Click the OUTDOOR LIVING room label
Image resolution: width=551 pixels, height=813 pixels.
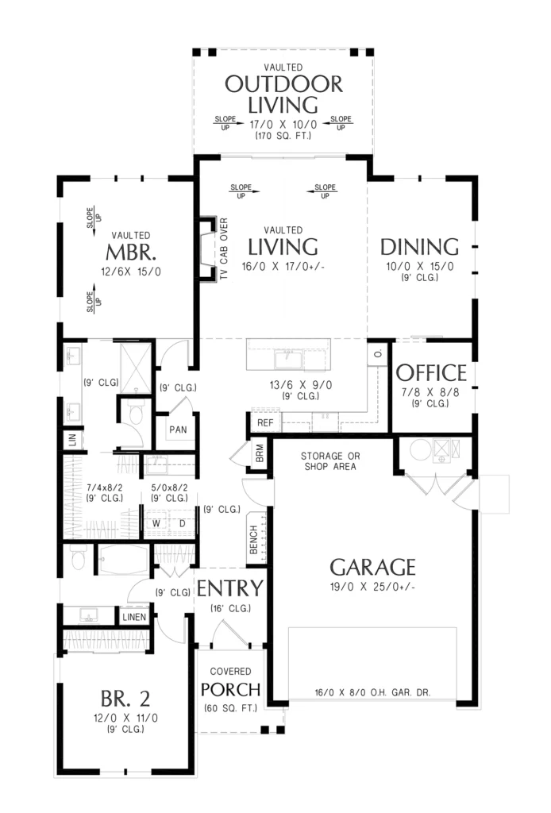[283, 94]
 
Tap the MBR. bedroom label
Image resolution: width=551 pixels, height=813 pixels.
[131, 252]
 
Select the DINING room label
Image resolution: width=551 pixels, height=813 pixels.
[419, 248]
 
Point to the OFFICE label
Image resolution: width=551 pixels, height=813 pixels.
[431, 373]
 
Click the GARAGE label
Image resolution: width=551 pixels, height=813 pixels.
[372, 567]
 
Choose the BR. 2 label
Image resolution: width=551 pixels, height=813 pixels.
[125, 699]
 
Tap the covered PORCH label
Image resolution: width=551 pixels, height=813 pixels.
[230, 690]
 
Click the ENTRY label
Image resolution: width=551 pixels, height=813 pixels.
[230, 588]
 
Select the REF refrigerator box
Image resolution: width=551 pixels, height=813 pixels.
[265, 422]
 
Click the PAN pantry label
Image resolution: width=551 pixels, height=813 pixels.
[179, 430]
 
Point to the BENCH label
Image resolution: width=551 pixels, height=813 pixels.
[254, 540]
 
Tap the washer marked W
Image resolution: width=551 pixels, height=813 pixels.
[156, 524]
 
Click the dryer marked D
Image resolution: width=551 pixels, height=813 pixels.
[183, 524]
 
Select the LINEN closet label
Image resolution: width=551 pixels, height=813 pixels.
[134, 617]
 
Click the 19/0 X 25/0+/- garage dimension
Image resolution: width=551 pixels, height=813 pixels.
[372, 587]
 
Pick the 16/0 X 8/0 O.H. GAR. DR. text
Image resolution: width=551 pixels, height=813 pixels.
[372, 692]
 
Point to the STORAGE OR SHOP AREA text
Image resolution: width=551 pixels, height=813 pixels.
[330, 461]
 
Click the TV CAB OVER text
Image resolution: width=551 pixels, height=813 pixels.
[224, 249]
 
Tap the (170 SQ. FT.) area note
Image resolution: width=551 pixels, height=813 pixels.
[283, 136]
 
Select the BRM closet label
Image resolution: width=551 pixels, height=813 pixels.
[260, 453]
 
